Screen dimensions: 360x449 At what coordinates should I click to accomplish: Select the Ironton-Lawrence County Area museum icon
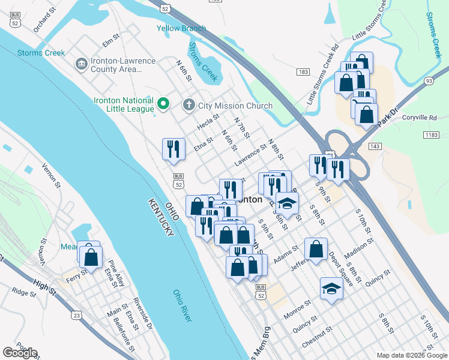point(80,64)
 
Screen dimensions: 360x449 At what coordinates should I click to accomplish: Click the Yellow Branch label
point(181,28)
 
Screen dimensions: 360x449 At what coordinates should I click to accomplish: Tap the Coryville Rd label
point(420,118)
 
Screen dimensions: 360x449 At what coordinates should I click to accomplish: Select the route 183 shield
point(303,72)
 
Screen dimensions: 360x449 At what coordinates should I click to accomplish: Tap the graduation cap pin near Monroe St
point(331,289)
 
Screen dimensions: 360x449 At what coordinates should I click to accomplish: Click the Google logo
point(20,353)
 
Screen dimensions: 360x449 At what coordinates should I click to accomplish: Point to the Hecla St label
point(208,125)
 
